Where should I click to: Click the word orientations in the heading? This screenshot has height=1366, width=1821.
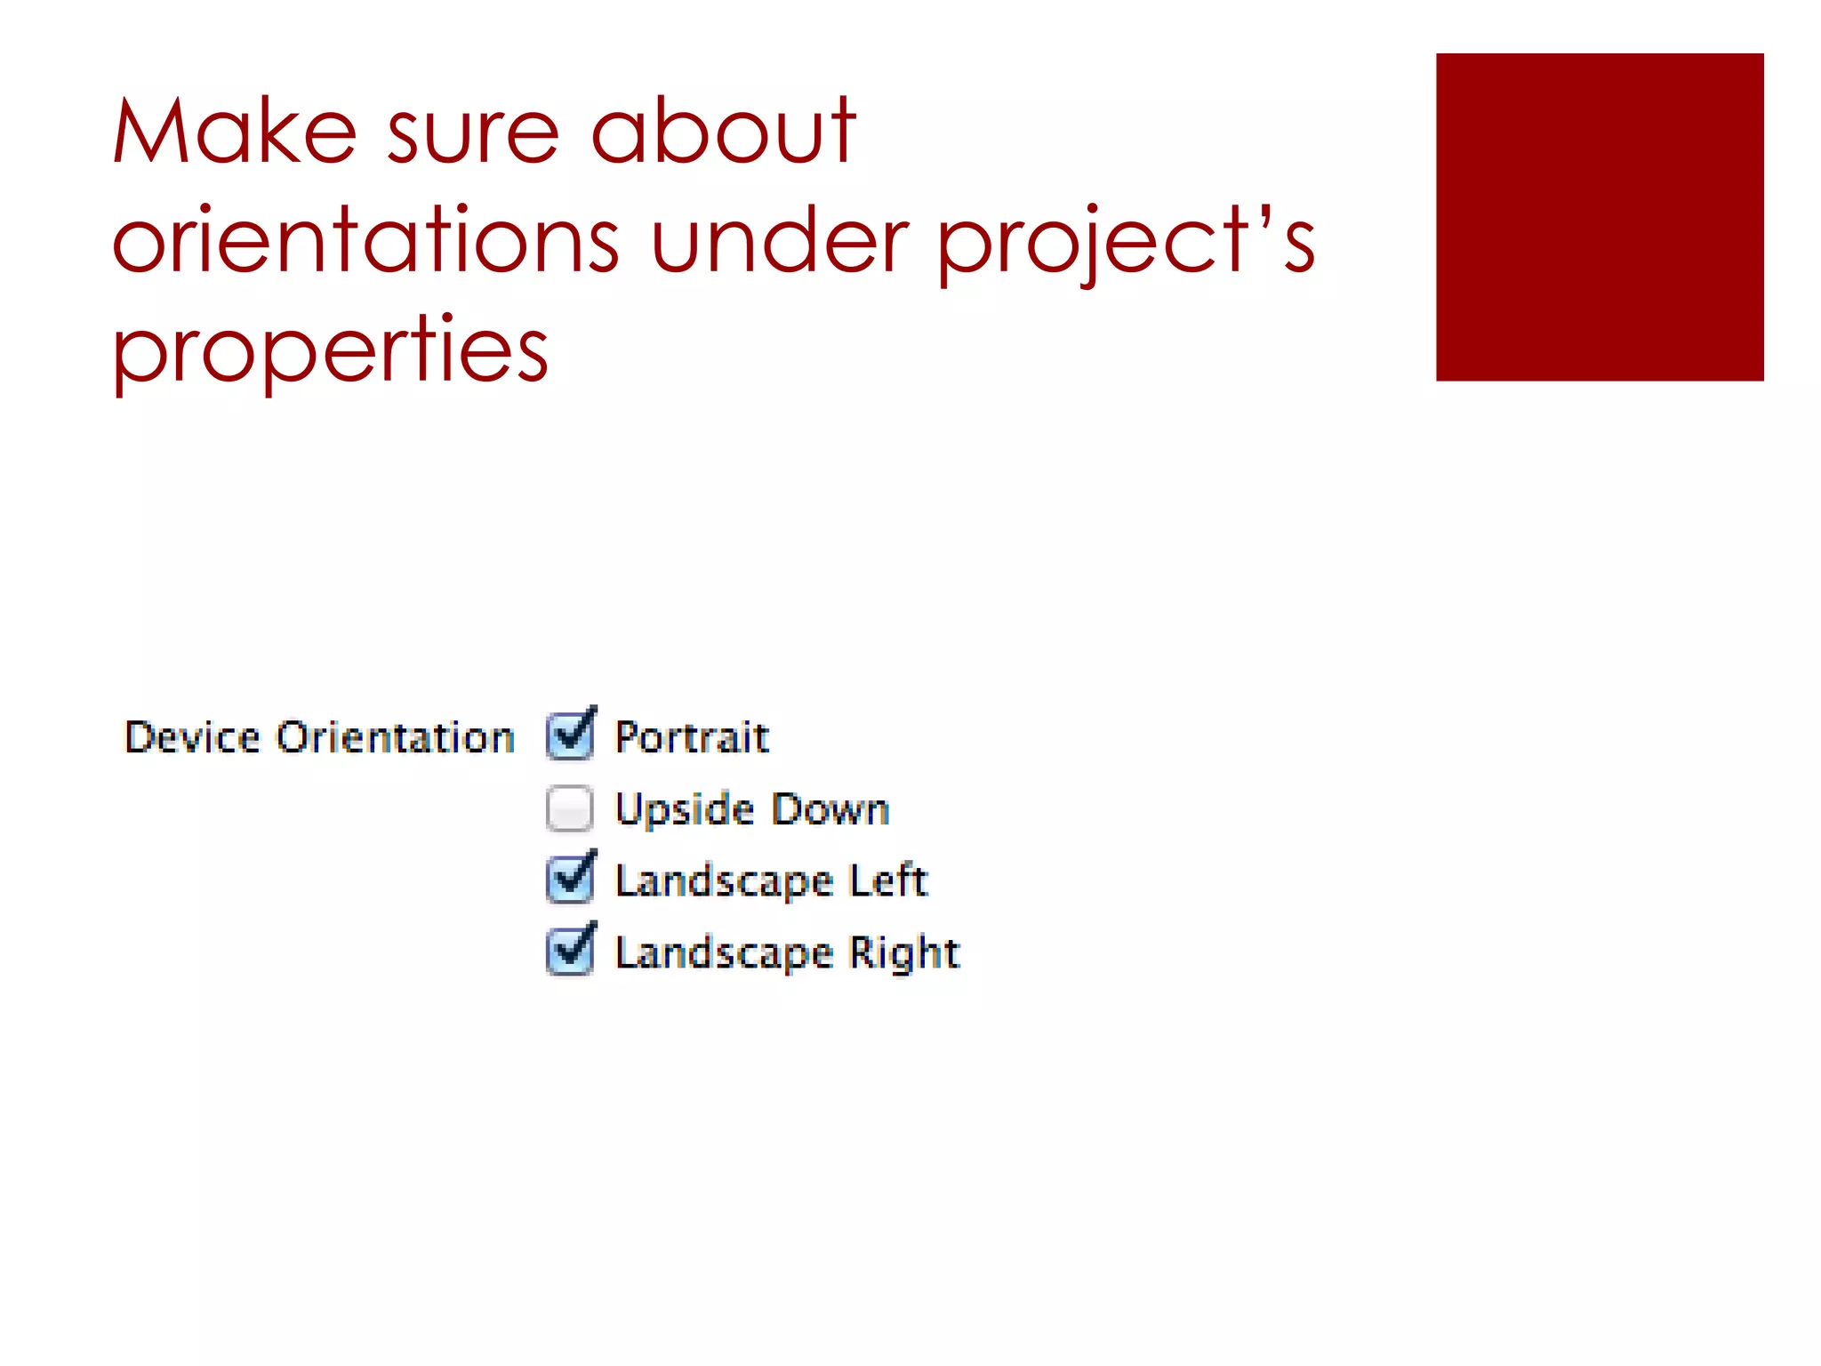click(365, 240)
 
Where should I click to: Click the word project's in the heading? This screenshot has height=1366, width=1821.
click(1126, 242)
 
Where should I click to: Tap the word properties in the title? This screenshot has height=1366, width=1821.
click(330, 350)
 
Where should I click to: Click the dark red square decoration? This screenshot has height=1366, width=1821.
click(1599, 217)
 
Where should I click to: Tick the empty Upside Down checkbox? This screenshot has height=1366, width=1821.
click(569, 808)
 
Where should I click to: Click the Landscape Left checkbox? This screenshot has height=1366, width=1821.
click(569, 880)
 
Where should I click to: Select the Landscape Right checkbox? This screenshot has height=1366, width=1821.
click(569, 952)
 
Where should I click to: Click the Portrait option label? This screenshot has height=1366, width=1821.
click(692, 737)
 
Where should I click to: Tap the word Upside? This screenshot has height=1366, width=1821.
click(685, 810)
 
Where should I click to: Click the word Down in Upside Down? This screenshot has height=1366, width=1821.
click(830, 809)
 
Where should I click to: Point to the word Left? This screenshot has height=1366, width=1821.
click(888, 880)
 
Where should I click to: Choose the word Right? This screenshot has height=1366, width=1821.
click(904, 953)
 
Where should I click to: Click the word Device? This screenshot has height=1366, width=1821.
click(192, 737)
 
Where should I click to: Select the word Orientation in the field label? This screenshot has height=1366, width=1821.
click(396, 737)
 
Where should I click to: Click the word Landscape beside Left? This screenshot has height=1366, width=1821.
click(725, 881)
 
